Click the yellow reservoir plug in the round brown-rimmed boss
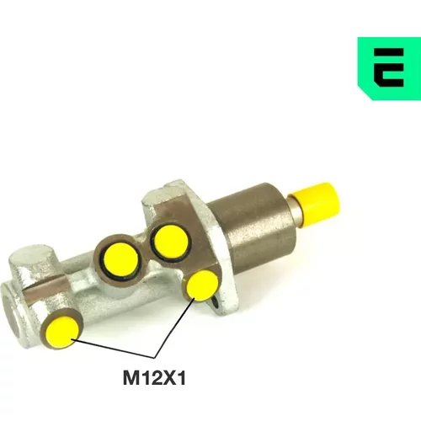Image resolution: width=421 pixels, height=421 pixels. pos(121,260)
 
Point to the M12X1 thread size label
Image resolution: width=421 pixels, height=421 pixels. pos(154,378)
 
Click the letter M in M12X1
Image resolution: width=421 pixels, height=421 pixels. pos(131,378)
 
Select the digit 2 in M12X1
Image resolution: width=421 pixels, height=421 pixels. pos(153,378)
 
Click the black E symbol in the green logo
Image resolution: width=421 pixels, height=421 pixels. pos(389,67)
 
